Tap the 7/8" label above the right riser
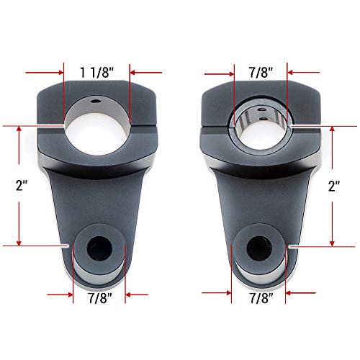coord(261,72)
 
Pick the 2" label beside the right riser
coord(332,186)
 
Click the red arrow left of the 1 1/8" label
coord(43,72)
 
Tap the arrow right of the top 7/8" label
coord(303,72)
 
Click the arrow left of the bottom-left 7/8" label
coord(59,294)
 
